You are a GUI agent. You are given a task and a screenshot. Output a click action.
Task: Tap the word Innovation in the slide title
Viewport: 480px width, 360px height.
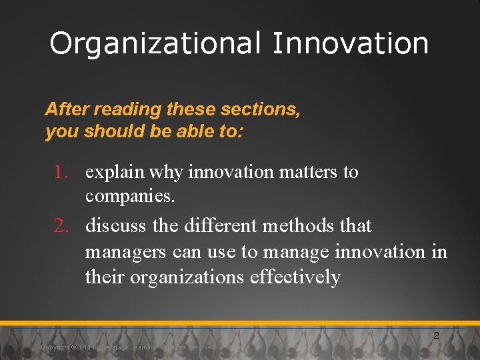(x=351, y=44)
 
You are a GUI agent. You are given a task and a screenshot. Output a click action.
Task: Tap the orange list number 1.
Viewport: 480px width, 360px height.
(x=62, y=172)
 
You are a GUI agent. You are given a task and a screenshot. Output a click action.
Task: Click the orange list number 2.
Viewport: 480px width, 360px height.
(x=62, y=226)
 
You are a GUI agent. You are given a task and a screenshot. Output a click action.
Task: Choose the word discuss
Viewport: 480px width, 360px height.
(x=117, y=226)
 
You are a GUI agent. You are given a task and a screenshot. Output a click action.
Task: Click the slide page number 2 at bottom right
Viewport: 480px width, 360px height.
(x=436, y=335)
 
